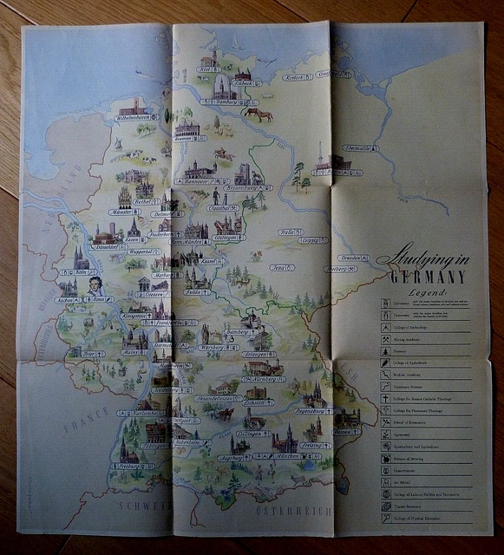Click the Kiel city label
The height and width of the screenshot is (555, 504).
coord(206,69)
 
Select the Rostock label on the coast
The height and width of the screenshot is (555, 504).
coord(293,77)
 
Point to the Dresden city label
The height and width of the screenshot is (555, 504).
coord(349,258)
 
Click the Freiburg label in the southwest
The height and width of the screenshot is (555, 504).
coord(129,466)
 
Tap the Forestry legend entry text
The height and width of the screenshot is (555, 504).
coord(401,350)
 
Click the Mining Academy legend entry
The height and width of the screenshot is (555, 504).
coord(407,340)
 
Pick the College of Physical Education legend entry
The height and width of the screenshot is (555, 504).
coord(416,519)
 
